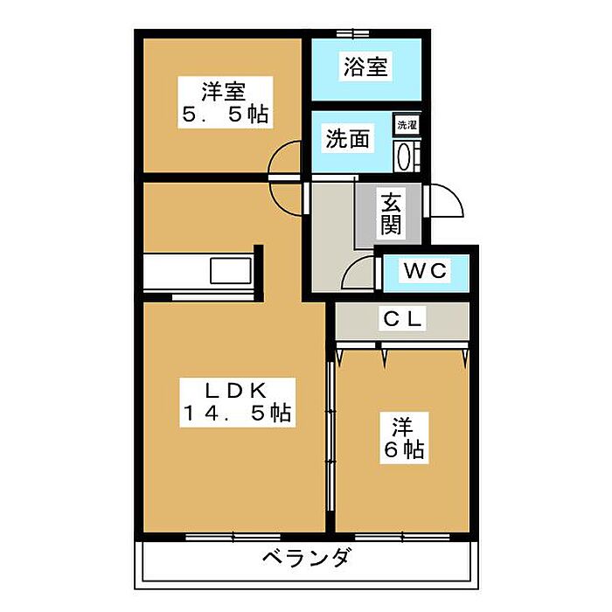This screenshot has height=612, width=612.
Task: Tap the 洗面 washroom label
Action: click(x=347, y=138)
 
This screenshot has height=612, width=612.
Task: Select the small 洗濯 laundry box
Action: click(x=407, y=125)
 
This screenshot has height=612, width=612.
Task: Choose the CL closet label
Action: click(x=404, y=320)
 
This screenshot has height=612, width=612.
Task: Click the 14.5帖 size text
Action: click(x=236, y=414)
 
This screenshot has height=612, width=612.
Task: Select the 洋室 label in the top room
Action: click(x=223, y=90)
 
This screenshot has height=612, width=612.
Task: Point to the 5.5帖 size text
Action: click(x=223, y=115)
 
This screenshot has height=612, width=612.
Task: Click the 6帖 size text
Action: click(x=403, y=449)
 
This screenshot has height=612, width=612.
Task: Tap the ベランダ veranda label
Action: click(x=306, y=557)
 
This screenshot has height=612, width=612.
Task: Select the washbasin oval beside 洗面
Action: click(x=405, y=156)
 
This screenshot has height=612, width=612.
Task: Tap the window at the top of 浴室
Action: click(x=351, y=33)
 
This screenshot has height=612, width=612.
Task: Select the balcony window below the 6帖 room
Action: click(x=403, y=535)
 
